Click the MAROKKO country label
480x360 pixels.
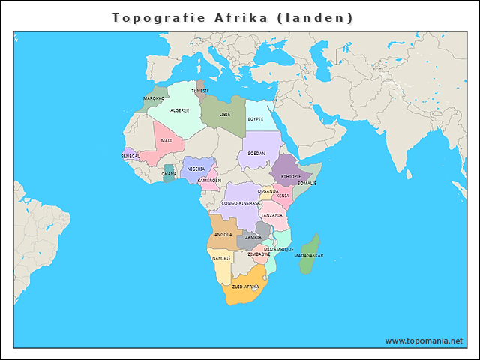154,98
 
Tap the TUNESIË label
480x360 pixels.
200,91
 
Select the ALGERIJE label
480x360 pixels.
180,110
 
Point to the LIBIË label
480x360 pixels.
225,115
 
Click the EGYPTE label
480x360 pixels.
256,119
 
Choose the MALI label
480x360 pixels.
166,140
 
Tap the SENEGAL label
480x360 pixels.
130,156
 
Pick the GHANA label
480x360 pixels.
169,174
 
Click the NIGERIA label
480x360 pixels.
196,169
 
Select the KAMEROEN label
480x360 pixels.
209,181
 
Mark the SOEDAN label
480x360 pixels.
256,153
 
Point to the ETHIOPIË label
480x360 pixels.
291,176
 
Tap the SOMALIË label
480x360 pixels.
307,183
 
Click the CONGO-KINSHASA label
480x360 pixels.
241,203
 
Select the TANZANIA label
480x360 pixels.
271,215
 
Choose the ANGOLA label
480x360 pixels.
223,234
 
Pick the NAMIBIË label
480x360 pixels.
221,258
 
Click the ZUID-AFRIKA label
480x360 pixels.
245,286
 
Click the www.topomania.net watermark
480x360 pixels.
424,340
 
